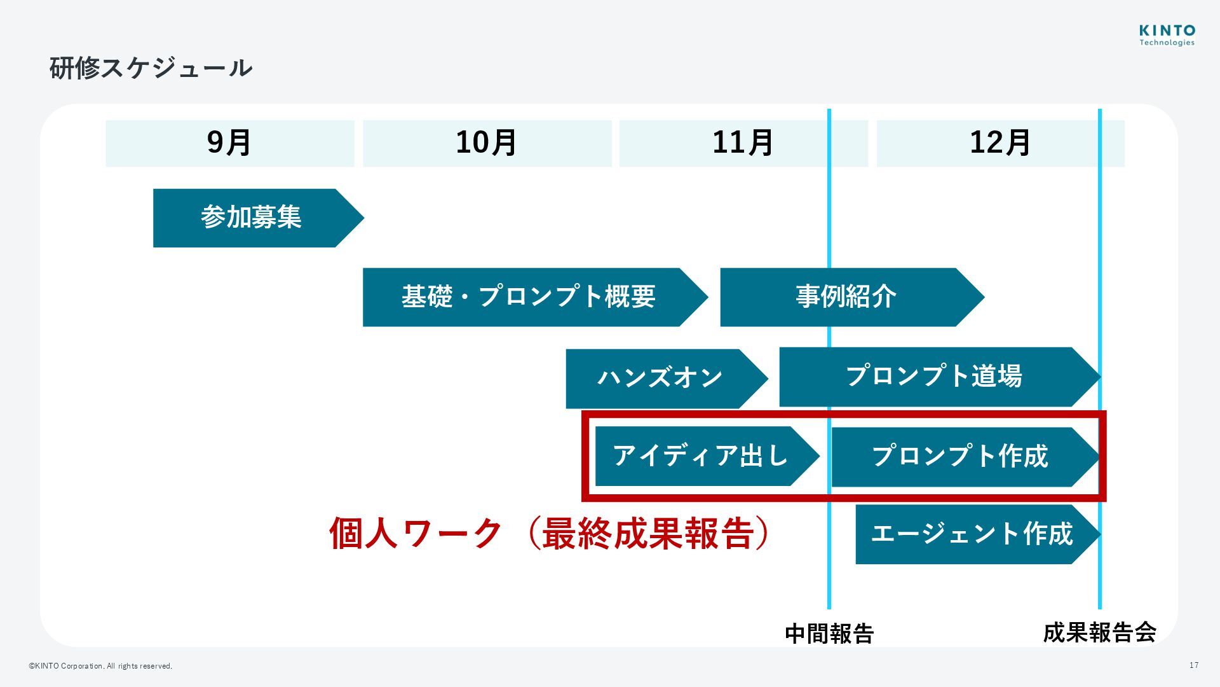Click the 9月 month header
tap(229, 143)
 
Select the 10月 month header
tap(487, 143)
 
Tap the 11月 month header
tap(743, 143)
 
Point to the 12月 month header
tap(1000, 143)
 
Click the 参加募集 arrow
tap(252, 218)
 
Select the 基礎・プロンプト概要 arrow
tap(529, 297)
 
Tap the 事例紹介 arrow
tap(846, 297)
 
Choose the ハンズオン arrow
tap(660, 378)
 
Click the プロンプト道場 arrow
tap(933, 377)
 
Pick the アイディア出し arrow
tap(700, 456)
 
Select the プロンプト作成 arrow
tap(959, 457)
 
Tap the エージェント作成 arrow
tap(972, 534)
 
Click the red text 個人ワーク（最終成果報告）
tap(550, 533)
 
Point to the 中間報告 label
tap(829, 634)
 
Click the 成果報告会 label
tap(1099, 632)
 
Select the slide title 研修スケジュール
tap(151, 68)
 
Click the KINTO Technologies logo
tap(1167, 36)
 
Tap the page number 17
tap(1194, 665)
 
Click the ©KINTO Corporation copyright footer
tap(100, 666)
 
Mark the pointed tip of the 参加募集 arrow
tap(362, 218)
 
